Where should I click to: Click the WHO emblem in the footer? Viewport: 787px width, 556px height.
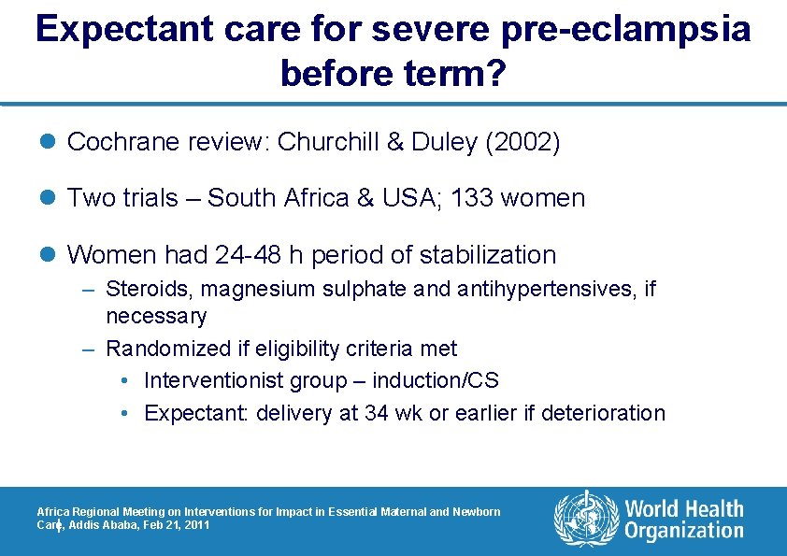point(586,520)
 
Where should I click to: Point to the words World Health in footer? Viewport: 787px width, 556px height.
point(684,508)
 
